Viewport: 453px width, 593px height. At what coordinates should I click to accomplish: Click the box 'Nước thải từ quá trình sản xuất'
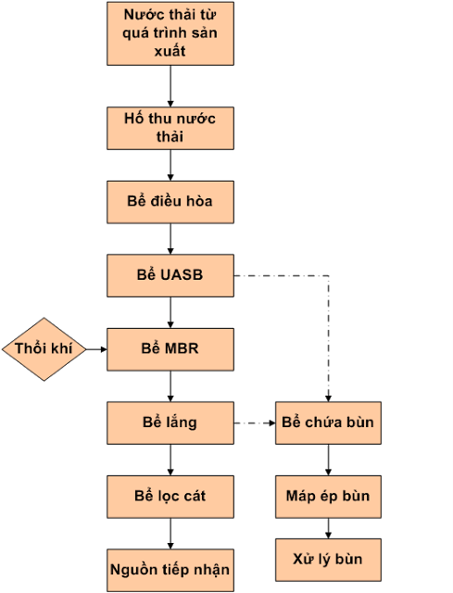170,34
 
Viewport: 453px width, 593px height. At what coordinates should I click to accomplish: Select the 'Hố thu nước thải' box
170,128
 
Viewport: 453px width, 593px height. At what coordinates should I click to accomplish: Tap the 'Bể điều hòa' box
170,201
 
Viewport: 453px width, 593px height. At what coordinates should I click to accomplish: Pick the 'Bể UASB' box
170,275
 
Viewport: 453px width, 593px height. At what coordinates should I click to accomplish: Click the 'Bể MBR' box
170,349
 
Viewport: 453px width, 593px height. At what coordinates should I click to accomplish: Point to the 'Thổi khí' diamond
43,349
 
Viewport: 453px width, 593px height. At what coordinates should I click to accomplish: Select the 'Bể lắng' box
170,423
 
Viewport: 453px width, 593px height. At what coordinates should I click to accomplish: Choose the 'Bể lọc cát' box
170,496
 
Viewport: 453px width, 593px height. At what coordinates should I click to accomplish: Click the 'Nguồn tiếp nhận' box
170,568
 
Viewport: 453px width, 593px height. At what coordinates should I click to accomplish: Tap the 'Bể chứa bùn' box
328,423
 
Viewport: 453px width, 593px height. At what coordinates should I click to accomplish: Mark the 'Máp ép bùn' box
328,496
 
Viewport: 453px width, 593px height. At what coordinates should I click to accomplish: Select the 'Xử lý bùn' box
328,560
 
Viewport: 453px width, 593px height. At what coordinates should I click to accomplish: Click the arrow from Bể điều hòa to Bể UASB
170,238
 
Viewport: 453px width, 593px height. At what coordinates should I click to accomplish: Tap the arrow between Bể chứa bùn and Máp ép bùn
328,460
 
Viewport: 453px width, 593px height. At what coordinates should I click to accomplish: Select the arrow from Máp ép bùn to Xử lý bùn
328,528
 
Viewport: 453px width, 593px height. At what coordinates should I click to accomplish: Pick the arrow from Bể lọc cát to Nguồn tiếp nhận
170,533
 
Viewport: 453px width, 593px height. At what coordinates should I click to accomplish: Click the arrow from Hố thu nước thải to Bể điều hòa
170,164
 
